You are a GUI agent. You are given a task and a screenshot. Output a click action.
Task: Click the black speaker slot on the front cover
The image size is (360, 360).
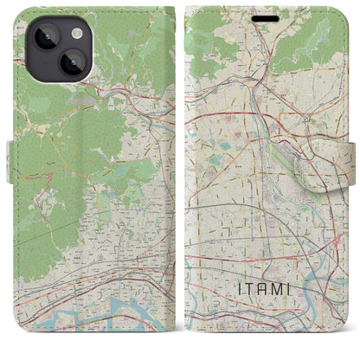266,16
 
